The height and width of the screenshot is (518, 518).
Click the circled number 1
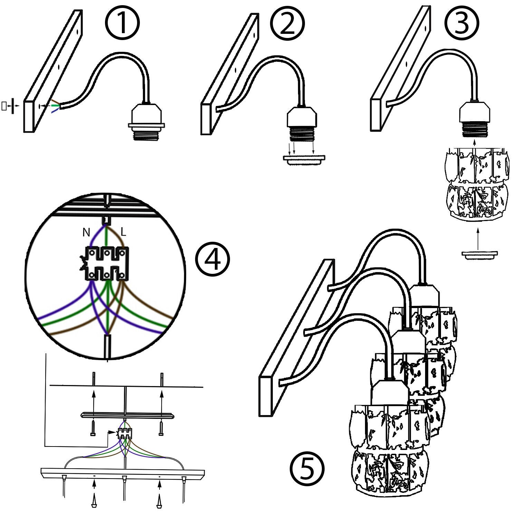tap(122, 23)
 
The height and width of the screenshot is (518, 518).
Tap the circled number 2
tap(287, 23)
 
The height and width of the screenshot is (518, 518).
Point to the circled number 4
tap(212, 258)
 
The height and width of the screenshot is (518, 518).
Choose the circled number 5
tap(307, 469)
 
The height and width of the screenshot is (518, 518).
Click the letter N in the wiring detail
tap(86, 233)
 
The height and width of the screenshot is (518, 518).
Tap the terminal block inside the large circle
tap(106, 263)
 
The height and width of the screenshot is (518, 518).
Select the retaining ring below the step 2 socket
tap(304, 159)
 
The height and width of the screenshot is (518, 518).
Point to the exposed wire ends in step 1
tap(55, 106)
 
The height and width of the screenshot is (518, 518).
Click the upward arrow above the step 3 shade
tap(474, 143)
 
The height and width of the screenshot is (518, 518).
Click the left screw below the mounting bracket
tap(93, 428)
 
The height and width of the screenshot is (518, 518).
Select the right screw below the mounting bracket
tap(161, 428)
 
